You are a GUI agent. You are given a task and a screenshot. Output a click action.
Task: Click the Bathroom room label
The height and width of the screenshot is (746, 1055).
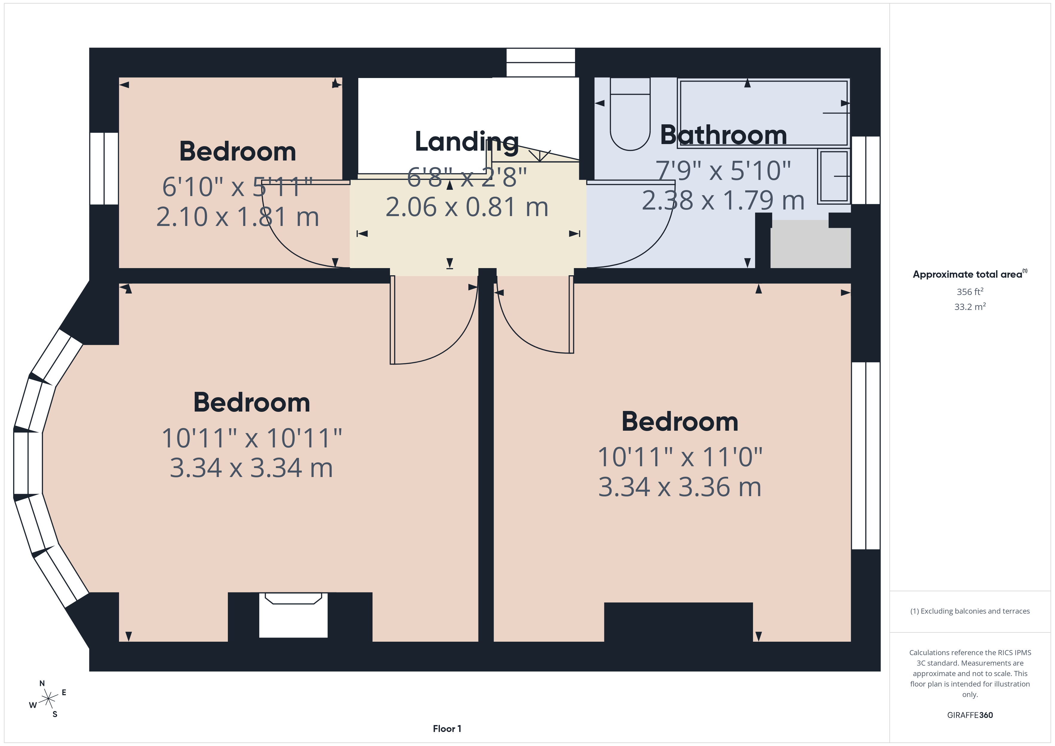(x=723, y=135)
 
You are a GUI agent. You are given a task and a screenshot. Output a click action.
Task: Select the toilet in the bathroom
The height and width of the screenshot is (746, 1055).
(x=630, y=115)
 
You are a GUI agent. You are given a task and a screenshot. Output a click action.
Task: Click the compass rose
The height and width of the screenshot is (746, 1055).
(x=48, y=699)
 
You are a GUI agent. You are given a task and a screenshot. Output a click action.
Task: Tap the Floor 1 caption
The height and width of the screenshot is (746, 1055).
(x=447, y=729)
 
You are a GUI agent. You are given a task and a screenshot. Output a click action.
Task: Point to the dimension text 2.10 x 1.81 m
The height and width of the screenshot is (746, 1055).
(x=237, y=217)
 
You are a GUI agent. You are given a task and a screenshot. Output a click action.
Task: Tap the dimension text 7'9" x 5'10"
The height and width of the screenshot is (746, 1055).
(x=723, y=171)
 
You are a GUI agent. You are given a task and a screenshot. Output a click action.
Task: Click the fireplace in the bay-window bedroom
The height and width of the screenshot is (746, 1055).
(x=293, y=616)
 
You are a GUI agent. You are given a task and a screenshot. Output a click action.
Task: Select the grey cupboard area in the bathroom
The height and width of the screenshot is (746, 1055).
(x=810, y=244)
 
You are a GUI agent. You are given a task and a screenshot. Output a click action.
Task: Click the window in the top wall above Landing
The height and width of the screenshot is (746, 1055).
(x=540, y=62)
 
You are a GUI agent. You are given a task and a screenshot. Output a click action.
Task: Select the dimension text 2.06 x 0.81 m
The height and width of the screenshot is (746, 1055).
(x=467, y=207)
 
